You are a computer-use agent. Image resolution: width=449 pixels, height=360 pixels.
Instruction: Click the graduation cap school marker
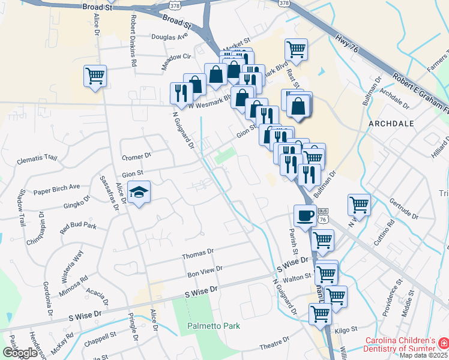click(x=139, y=192)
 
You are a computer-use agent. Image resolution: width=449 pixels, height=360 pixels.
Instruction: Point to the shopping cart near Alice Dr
click(x=95, y=76)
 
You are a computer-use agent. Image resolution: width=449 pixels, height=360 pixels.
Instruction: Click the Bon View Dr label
click(x=205, y=272)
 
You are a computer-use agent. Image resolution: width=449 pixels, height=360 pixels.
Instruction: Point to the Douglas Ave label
click(x=169, y=37)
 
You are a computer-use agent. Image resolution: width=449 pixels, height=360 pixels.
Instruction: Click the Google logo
click(x=20, y=353)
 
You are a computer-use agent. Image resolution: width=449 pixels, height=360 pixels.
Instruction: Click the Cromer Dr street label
click(x=136, y=157)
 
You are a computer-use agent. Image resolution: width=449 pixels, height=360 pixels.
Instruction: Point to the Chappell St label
click(x=100, y=337)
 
